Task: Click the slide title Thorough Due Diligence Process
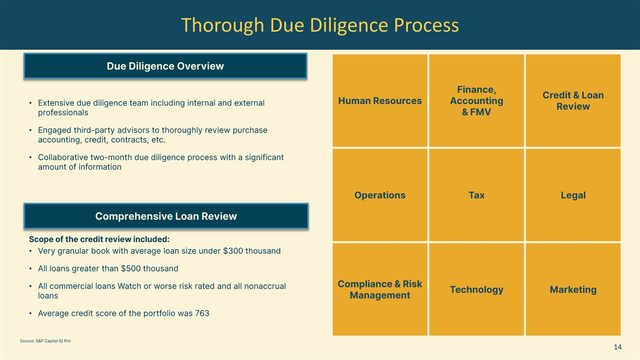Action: click(x=319, y=25)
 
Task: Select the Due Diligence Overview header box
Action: click(x=165, y=66)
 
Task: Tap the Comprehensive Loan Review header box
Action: click(x=166, y=216)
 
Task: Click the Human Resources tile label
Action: click(x=380, y=101)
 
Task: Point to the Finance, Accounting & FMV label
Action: click(x=476, y=101)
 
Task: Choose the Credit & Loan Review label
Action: click(x=573, y=101)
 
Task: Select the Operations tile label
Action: click(x=380, y=195)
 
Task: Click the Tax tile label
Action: click(x=476, y=195)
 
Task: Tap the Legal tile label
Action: click(x=573, y=195)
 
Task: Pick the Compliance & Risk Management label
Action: click(x=380, y=290)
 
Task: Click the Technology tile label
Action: click(x=476, y=290)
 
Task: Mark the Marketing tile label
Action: click(x=573, y=290)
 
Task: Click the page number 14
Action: click(x=618, y=348)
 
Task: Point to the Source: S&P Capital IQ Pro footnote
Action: click(x=45, y=341)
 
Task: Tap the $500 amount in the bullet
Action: click(x=131, y=268)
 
